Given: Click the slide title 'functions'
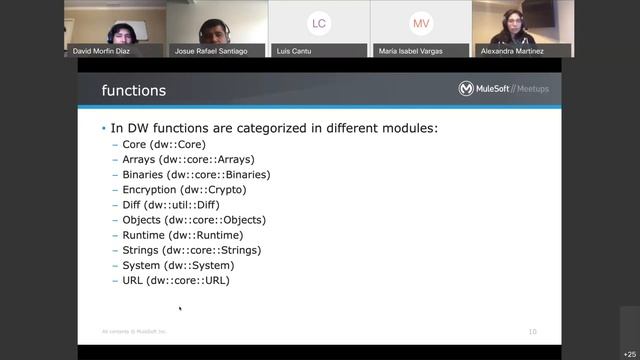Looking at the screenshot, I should point(134,91).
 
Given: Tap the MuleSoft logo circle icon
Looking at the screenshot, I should point(466,89).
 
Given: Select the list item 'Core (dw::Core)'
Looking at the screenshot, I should point(164,144).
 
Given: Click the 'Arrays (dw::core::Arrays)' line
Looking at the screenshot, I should point(188,159).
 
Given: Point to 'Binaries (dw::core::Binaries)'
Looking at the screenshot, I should point(196,174).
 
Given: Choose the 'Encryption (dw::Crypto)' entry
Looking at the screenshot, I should point(184,189).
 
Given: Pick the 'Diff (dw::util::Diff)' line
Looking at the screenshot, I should point(171,205).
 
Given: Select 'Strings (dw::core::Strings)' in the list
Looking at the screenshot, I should point(191,250).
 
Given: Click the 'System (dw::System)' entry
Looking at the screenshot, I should point(178,265).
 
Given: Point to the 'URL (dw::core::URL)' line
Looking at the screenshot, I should point(176,281).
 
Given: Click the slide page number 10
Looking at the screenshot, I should point(532,331).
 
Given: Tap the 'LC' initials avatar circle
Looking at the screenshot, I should point(319,23).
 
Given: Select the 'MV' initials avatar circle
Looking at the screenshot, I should point(421,23).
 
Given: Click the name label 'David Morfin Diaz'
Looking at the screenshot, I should point(102,51).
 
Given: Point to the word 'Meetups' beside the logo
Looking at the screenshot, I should point(530,89).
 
